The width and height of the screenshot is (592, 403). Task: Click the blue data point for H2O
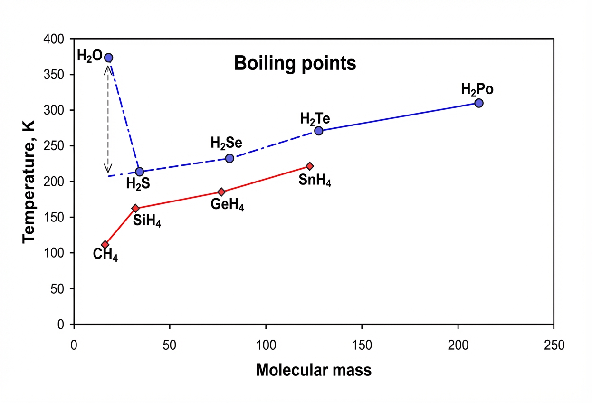click(108, 58)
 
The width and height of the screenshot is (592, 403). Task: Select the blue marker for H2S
click(139, 172)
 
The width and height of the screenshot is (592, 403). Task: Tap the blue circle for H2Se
click(229, 158)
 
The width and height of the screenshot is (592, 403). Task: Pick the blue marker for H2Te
click(319, 131)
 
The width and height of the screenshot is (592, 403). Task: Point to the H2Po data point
click(479, 103)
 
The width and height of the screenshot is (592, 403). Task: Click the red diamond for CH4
click(105, 245)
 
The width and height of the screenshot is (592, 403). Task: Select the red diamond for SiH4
click(135, 208)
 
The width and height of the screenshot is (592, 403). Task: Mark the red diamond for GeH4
click(221, 192)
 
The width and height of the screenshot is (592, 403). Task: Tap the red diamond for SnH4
click(310, 166)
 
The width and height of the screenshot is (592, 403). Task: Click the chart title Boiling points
click(295, 63)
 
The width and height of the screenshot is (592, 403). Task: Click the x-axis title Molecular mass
click(314, 370)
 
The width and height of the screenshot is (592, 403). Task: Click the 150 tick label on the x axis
click(362, 345)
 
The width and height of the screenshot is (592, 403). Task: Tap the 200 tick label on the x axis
click(458, 345)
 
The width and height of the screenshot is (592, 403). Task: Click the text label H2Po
click(477, 89)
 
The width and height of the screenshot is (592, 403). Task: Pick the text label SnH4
click(315, 180)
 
